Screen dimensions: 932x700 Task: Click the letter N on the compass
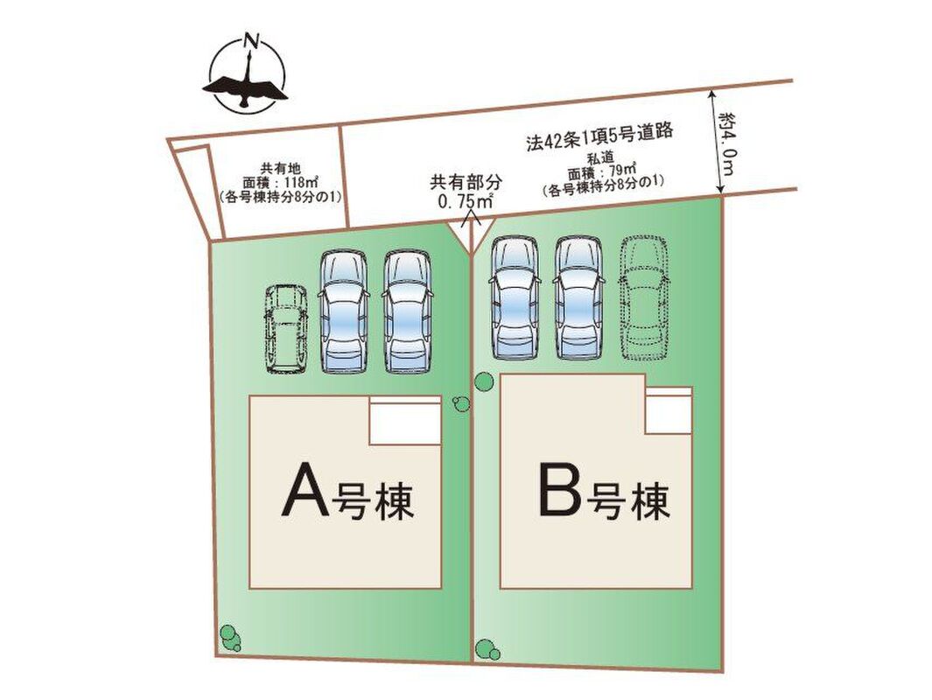click(252, 42)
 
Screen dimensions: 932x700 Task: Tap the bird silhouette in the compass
click(245, 84)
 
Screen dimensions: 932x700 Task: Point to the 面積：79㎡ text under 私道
click(602, 173)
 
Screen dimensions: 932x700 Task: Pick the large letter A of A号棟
click(305, 490)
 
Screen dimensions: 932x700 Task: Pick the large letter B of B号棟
click(560, 489)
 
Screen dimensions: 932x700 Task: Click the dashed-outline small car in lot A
click(286, 329)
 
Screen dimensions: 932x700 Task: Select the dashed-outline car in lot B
click(644, 299)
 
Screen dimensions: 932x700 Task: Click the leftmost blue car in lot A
click(344, 312)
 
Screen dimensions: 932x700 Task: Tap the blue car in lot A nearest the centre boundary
click(407, 312)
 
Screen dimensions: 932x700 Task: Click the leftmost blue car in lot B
click(515, 298)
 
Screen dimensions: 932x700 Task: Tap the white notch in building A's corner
click(405, 420)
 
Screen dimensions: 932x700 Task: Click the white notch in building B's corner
click(669, 410)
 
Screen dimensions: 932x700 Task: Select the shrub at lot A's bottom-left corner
click(230, 638)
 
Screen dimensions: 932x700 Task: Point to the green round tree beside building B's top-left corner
click(483, 381)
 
